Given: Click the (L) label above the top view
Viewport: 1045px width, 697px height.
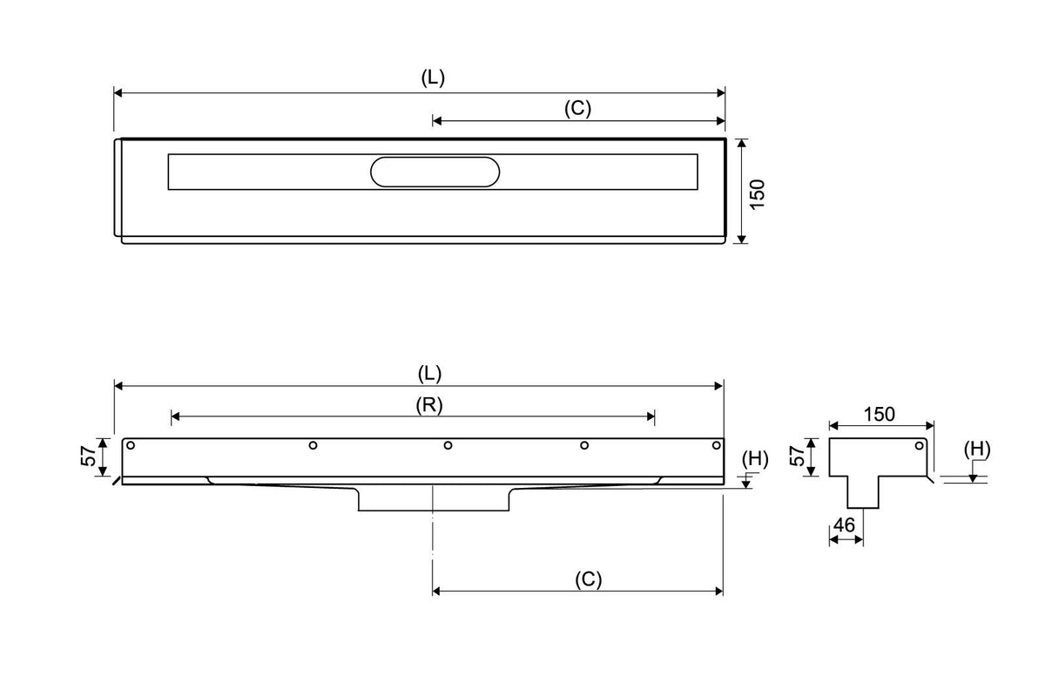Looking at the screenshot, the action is (433, 78).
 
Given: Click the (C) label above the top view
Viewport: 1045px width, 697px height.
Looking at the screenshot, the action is (577, 108).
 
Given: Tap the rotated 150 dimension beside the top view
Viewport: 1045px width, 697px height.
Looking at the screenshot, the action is (758, 194).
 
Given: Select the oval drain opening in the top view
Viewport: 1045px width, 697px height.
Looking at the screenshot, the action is (435, 172).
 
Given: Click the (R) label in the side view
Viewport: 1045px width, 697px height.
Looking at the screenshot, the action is (428, 405).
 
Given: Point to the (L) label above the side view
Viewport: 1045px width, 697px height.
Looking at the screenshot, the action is (429, 374).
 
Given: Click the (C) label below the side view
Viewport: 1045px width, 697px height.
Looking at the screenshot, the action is (589, 579).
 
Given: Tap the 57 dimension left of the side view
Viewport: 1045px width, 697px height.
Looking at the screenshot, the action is (88, 456).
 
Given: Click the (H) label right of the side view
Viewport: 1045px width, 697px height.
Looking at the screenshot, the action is (755, 459).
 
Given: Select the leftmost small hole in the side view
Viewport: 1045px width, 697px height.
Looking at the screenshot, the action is (131, 445).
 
